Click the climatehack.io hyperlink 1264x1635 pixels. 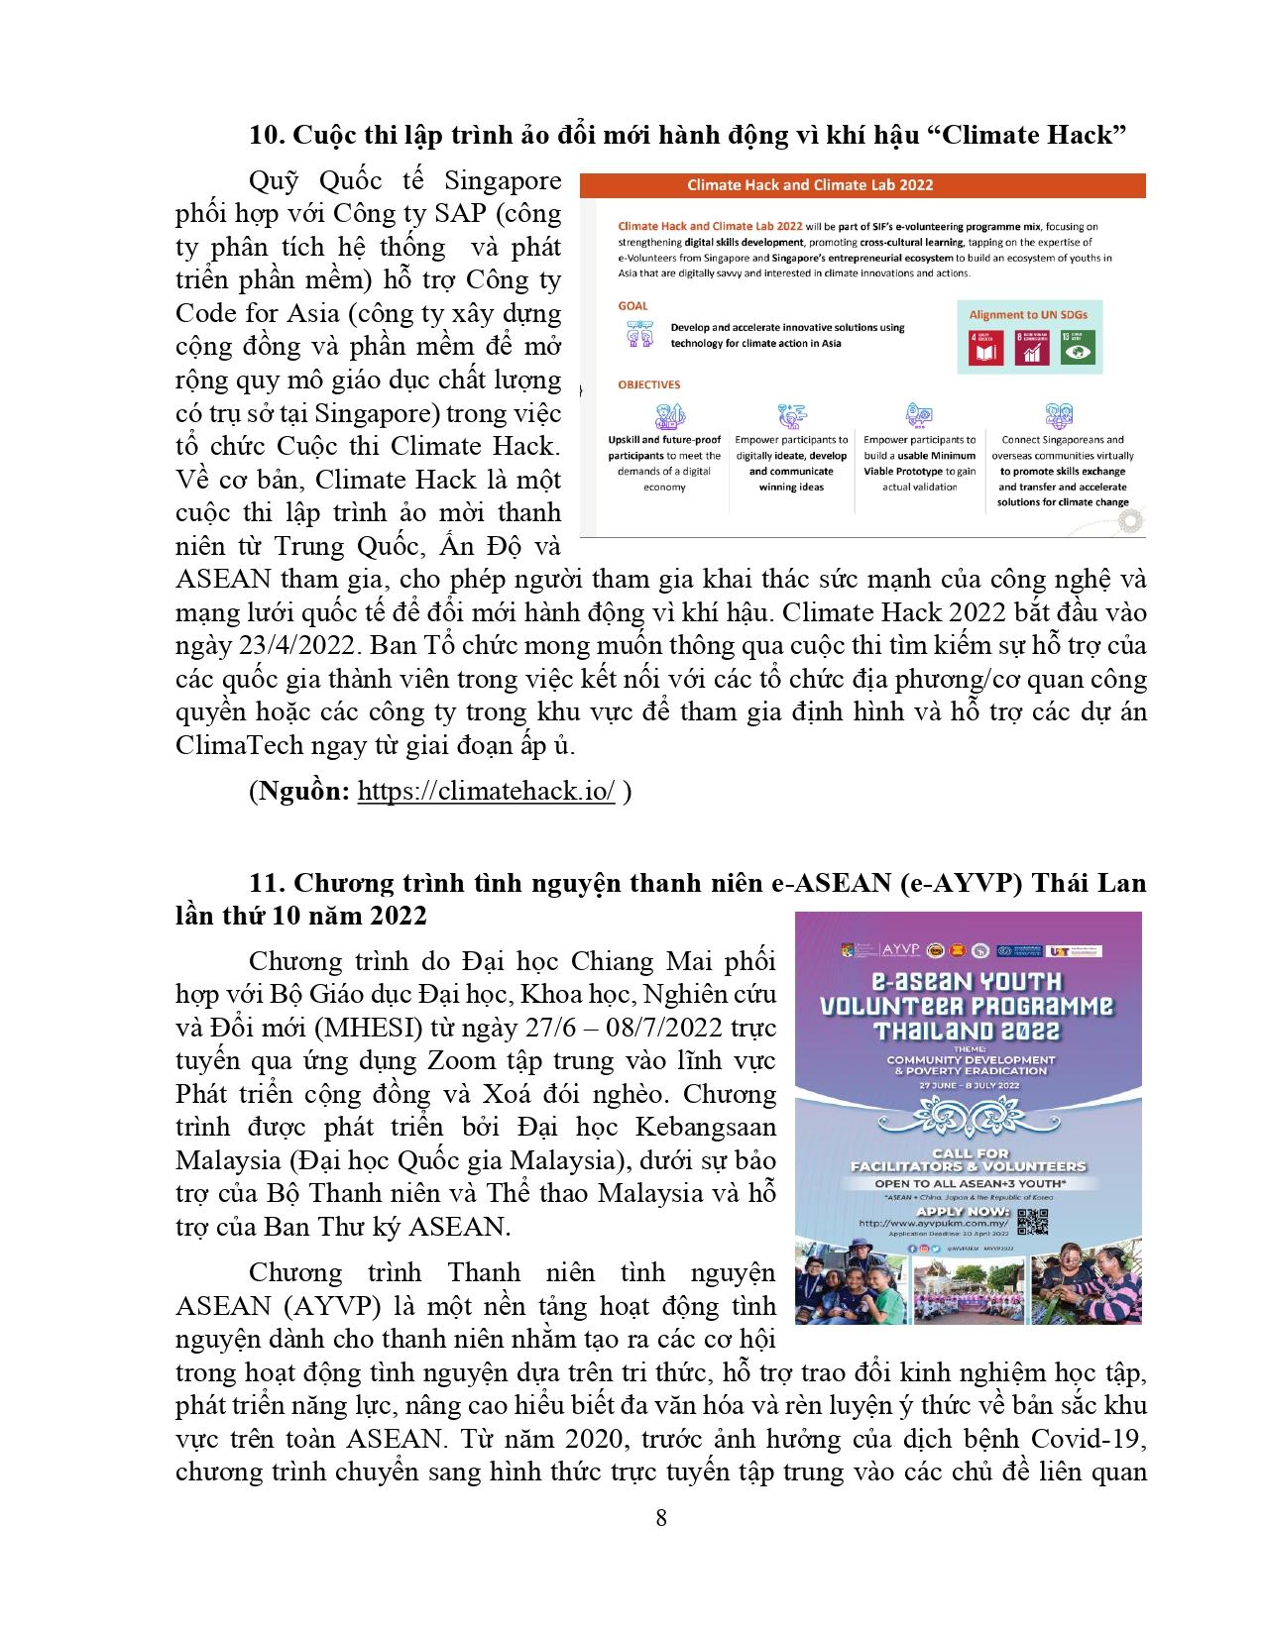486,791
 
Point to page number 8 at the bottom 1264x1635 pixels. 661,1517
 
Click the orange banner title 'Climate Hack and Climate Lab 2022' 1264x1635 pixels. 810,185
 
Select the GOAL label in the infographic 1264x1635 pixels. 632,306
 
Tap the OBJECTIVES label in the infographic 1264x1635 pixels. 648,384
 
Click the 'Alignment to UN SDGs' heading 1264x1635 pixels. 1028,315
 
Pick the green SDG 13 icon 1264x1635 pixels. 1078,348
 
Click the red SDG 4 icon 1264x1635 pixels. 985,348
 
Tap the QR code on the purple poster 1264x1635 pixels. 1032,1222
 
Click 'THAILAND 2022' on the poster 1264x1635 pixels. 967,1032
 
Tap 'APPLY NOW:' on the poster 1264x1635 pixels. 963,1211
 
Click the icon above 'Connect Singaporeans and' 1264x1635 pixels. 1059,415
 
